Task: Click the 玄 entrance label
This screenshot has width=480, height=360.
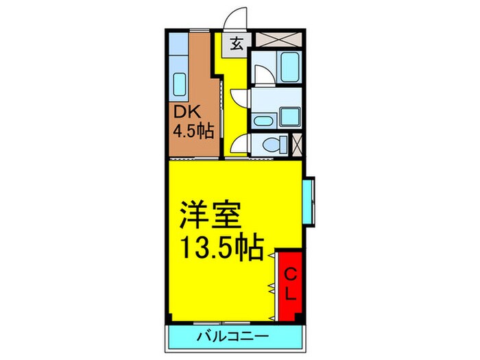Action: (237, 45)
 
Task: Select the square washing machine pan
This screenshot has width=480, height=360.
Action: (289, 115)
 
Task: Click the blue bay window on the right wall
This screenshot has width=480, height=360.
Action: (309, 202)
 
